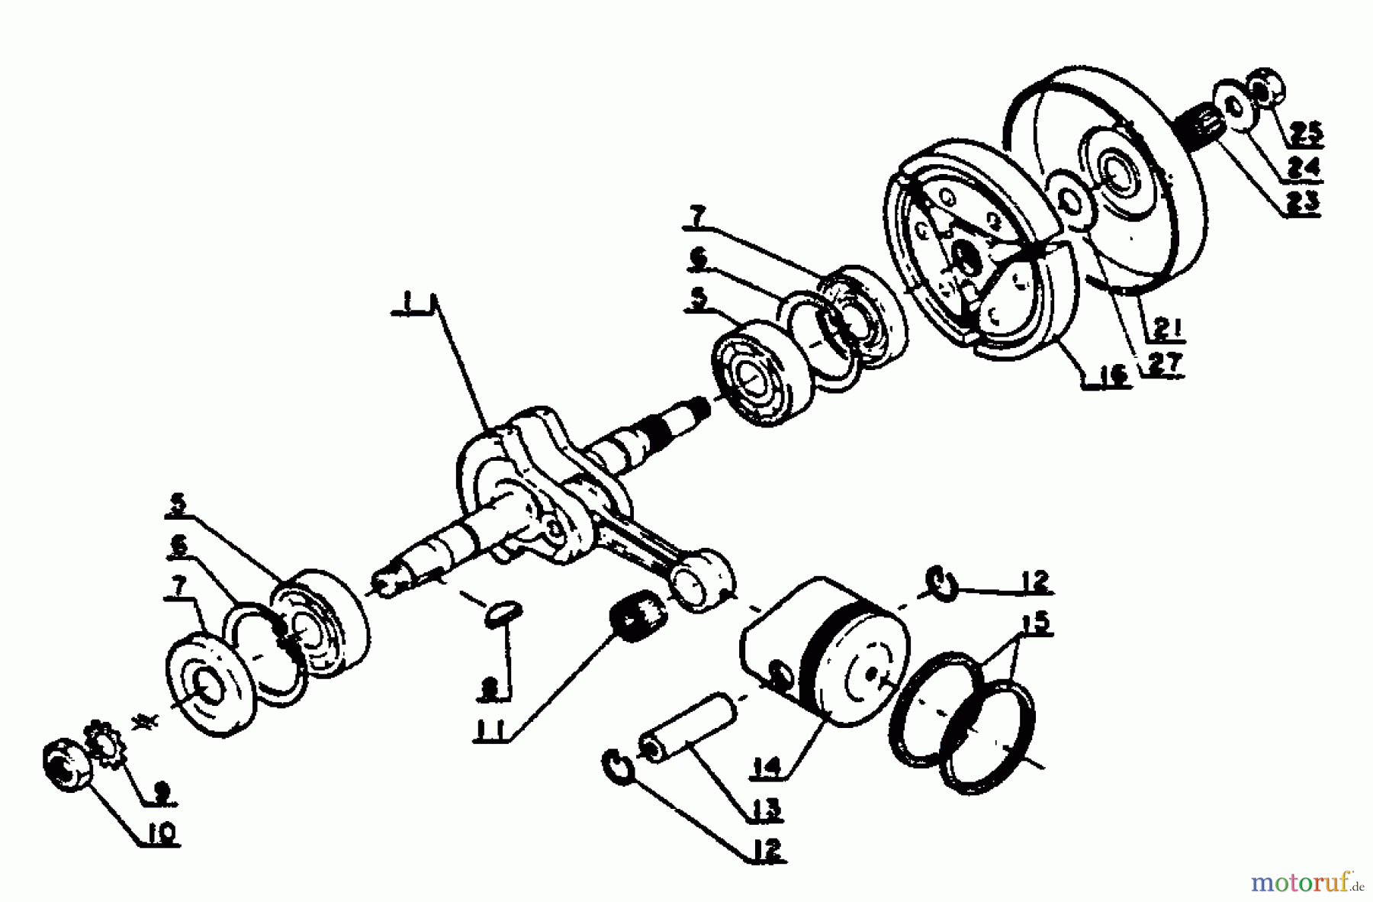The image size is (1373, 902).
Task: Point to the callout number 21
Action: click(1166, 330)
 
